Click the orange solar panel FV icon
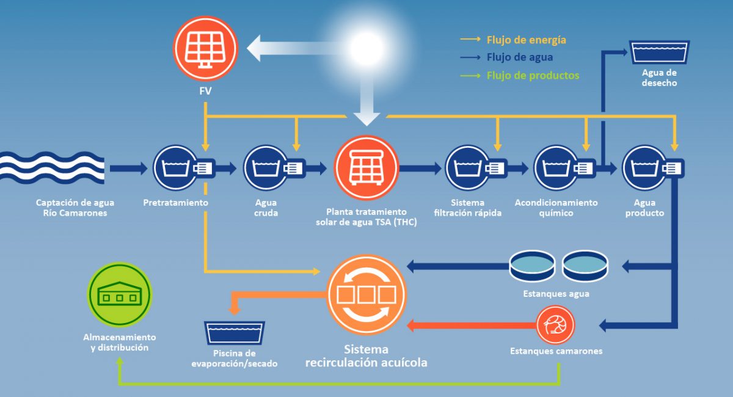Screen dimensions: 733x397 click(x=205, y=48)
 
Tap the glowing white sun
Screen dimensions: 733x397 click(x=366, y=48)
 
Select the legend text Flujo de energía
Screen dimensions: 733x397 click(x=526, y=40)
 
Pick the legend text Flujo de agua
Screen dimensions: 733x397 click(x=520, y=57)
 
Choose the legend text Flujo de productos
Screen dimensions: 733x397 click(x=533, y=76)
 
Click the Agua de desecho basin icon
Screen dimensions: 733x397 click(x=660, y=52)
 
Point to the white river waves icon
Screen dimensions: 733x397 click(x=52, y=167)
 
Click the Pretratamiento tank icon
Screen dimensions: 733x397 click(x=184, y=168)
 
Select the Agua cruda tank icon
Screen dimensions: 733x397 click(x=274, y=168)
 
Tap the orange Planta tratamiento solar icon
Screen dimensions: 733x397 click(x=366, y=167)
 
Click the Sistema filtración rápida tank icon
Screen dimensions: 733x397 click(x=476, y=168)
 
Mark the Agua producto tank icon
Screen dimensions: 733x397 click(x=653, y=168)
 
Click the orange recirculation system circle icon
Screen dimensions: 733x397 click(x=366, y=294)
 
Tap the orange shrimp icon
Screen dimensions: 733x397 click(x=555, y=325)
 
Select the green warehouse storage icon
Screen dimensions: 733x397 click(x=120, y=294)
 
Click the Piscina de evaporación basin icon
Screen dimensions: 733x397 click(x=235, y=333)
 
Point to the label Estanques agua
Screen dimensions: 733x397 click(x=556, y=294)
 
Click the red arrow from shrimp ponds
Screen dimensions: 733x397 click(x=472, y=326)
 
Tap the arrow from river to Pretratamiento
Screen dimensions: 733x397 click(x=129, y=169)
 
